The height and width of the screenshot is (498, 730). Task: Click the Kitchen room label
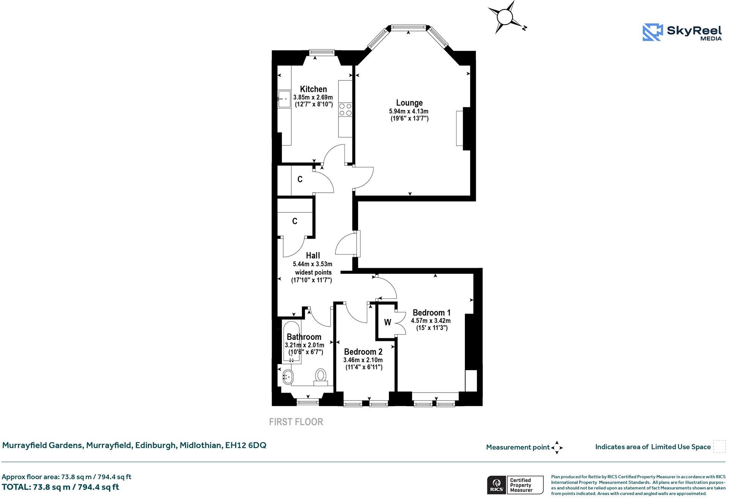[313, 89]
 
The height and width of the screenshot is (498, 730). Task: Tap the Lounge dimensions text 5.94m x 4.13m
[408, 111]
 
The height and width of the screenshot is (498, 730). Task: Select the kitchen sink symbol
[284, 99]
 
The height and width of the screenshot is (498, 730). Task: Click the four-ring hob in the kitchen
[345, 110]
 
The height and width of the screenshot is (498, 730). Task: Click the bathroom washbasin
[288, 376]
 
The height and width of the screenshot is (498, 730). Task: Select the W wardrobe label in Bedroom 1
[387, 322]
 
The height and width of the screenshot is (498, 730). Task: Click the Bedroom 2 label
[363, 352]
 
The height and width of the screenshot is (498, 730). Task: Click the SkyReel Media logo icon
[653, 32]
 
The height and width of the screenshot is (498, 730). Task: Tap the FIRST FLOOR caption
[296, 422]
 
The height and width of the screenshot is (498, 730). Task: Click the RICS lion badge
[496, 485]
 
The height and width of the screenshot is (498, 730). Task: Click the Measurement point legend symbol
[557, 448]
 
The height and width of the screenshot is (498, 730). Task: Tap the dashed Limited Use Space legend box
[719, 446]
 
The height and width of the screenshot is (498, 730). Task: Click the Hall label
[313, 256]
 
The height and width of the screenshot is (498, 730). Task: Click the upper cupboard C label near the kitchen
[300, 179]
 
